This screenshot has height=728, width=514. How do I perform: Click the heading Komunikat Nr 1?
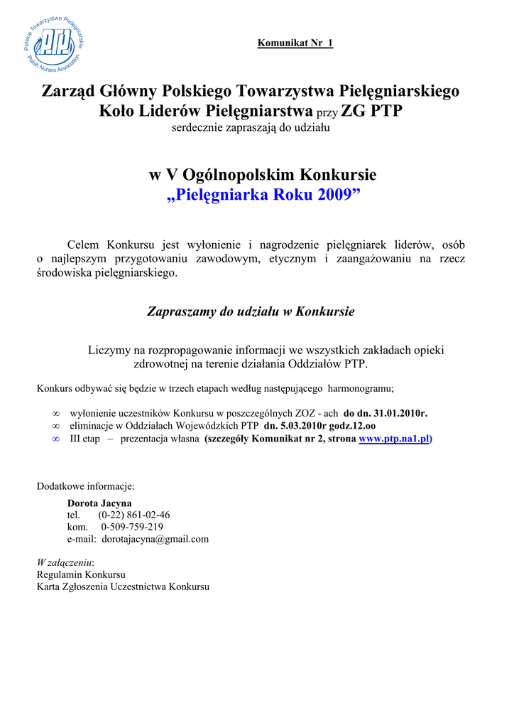(x=295, y=43)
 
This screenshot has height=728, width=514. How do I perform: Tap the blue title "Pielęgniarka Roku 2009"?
(x=264, y=196)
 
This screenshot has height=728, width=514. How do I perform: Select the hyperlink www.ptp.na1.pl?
(x=394, y=439)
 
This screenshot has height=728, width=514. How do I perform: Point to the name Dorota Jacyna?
(x=99, y=503)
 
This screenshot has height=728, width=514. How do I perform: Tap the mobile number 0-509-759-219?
(x=132, y=527)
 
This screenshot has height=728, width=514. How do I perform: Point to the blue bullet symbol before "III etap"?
(x=56, y=439)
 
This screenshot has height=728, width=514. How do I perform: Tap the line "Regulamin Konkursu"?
(x=81, y=574)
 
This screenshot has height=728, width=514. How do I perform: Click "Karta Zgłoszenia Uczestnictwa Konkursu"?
(x=123, y=587)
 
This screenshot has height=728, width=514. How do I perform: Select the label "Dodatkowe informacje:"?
(x=85, y=486)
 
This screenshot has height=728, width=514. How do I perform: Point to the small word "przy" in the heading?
(x=327, y=112)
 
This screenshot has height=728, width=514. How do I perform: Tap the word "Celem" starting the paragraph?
(x=83, y=245)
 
